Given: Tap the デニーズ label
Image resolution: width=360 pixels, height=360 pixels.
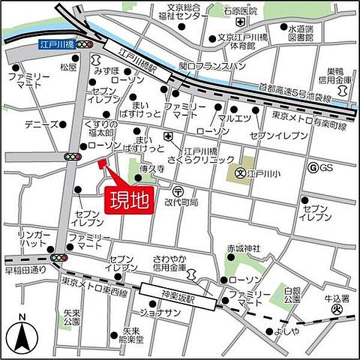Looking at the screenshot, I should [41, 125].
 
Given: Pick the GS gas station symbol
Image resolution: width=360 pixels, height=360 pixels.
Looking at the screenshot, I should [313, 168].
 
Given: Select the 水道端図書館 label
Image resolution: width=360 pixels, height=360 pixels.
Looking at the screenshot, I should [301, 32].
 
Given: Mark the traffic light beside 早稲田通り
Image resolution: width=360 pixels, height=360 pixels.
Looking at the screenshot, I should [59, 257].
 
